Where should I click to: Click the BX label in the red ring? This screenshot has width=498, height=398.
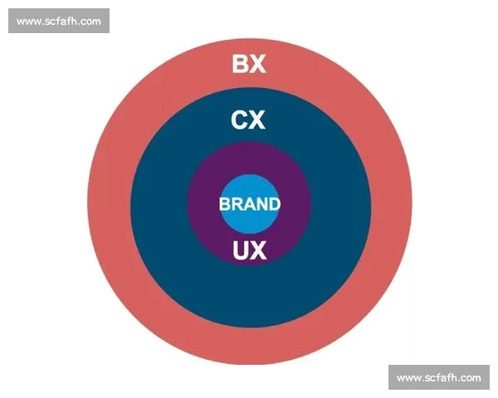tap(249, 64)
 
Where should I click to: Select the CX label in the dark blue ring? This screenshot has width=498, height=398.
tap(248, 121)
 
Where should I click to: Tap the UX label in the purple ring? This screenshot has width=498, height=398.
tap(250, 250)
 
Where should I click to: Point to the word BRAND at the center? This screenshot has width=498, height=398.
tap(250, 204)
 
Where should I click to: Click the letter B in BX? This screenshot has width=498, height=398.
tap(241, 64)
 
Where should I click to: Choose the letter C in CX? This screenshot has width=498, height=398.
tap(239, 121)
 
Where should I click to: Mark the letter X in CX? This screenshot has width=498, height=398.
tap(257, 121)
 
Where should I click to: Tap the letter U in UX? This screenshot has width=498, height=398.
tap(241, 250)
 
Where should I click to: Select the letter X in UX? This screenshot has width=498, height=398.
tap(259, 250)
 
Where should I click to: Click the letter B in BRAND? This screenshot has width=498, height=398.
tap(224, 204)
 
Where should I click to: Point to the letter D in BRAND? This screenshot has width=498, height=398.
tap(275, 204)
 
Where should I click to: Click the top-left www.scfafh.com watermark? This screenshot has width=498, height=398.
tap(59, 21)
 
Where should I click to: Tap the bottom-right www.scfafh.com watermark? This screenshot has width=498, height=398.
tap(438, 377)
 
